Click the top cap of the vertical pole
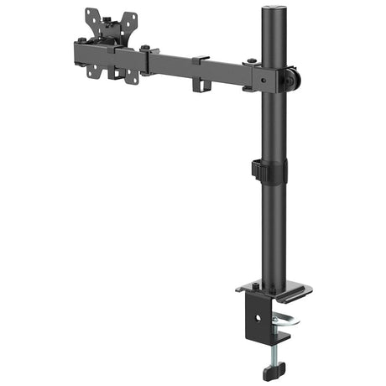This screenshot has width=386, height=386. [x=272, y=10]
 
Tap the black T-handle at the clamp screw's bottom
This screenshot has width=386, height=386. [x=273, y=369]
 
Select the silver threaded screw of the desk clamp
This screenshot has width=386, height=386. [x=274, y=348]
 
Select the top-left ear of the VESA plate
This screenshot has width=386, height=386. [x=92, y=14]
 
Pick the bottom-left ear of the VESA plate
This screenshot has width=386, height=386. [x=93, y=70]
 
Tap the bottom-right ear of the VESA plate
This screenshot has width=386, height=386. [x=132, y=77]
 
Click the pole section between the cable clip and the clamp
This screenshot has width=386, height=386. [x=273, y=235]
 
